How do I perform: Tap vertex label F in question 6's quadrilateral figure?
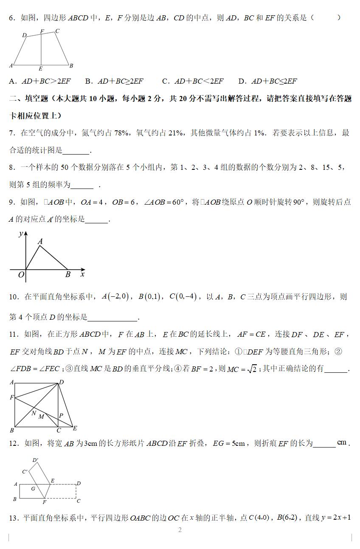pyautogui.click(x=42, y=31)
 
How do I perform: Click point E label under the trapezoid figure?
pyautogui.click(x=40, y=68)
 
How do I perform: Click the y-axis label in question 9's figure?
pyautogui.click(x=20, y=234)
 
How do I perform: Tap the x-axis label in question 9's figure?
pyautogui.click(x=82, y=274)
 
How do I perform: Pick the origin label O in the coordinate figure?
pyautogui.click(x=21, y=275)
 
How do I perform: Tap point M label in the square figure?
pyautogui.click(x=41, y=417)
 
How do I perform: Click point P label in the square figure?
pyautogui.click(x=61, y=415)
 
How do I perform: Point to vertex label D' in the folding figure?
pyautogui.click(x=35, y=460)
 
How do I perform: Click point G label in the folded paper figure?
pyautogui.click(x=33, y=489)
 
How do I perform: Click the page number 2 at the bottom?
pyautogui.click(x=180, y=530)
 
